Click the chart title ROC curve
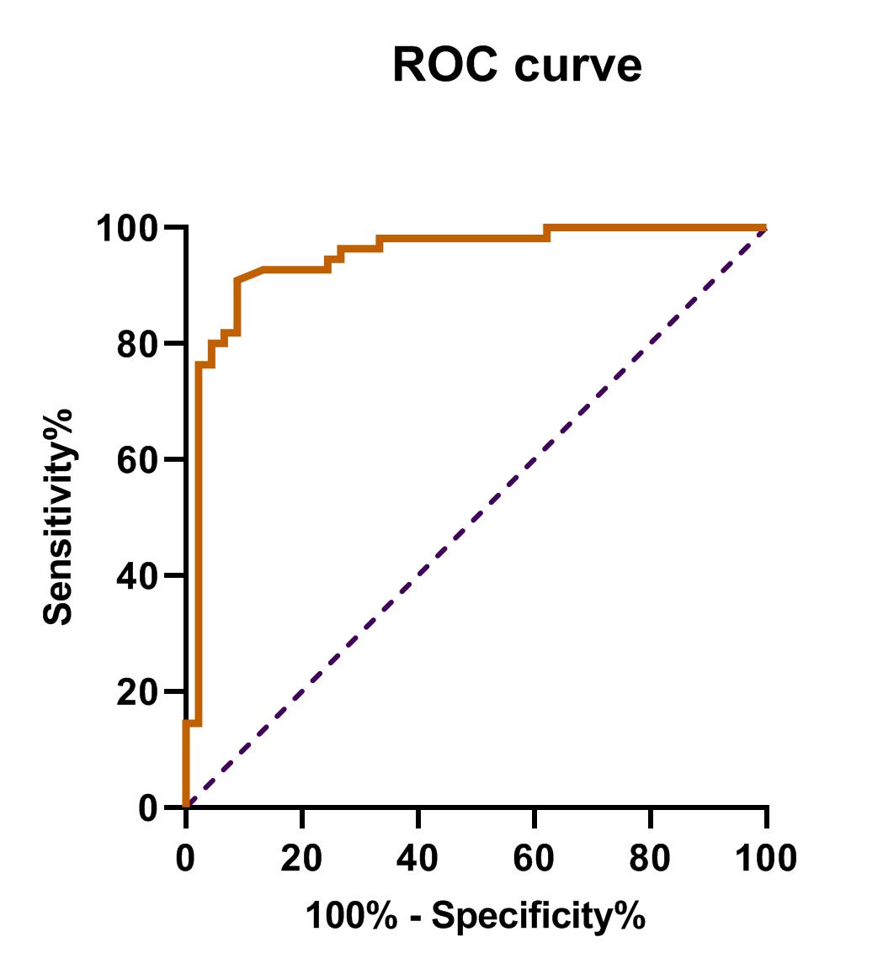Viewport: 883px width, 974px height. pos(517,66)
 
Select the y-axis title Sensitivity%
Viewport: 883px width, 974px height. pos(59,516)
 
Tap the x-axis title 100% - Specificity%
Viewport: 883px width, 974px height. pos(475,916)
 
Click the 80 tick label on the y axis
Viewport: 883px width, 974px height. pos(139,345)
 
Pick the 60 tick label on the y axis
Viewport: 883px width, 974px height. pos(139,461)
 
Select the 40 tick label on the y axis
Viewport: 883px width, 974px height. pos(139,577)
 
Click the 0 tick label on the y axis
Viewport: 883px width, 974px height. pos(149,808)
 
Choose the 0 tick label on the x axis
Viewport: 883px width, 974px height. pos(186,859)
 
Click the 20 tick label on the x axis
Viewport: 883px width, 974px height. pos(302,859)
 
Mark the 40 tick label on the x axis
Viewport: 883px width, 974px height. pos(418,859)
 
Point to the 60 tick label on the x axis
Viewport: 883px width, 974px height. pos(535,859)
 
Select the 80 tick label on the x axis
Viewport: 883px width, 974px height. pos(651,859)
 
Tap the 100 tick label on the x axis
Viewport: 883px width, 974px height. pos(765,859)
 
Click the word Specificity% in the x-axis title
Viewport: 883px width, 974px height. pos(539,916)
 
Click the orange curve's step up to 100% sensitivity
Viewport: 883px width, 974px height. pos(547,233)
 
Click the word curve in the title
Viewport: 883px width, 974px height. pos(577,66)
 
